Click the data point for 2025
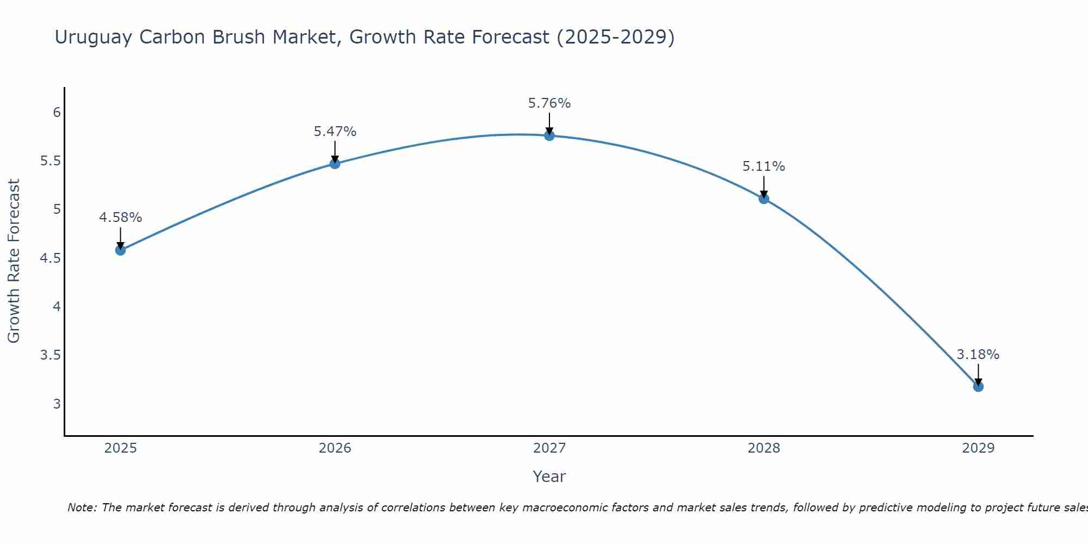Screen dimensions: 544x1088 click(120, 250)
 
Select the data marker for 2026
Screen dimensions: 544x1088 click(335, 164)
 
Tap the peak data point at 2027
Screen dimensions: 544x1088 click(549, 135)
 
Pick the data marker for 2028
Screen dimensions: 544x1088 click(764, 199)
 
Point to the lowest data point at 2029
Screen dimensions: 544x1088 click(978, 387)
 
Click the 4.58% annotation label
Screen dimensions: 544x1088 click(120, 218)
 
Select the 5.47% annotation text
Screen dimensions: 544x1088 click(335, 132)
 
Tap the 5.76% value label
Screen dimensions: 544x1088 click(549, 103)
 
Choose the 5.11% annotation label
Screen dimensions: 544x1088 click(764, 166)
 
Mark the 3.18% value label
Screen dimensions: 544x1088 click(978, 355)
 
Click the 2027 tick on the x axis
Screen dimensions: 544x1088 click(549, 448)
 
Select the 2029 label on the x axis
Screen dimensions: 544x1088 click(978, 448)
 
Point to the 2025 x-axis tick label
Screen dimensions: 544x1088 click(120, 448)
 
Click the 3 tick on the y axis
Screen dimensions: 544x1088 click(57, 404)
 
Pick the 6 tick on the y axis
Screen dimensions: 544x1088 click(57, 113)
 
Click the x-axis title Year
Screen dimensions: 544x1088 click(549, 477)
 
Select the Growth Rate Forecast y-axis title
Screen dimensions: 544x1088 click(14, 261)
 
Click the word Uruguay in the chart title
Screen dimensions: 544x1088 click(93, 38)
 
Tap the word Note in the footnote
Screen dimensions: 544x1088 click(82, 508)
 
